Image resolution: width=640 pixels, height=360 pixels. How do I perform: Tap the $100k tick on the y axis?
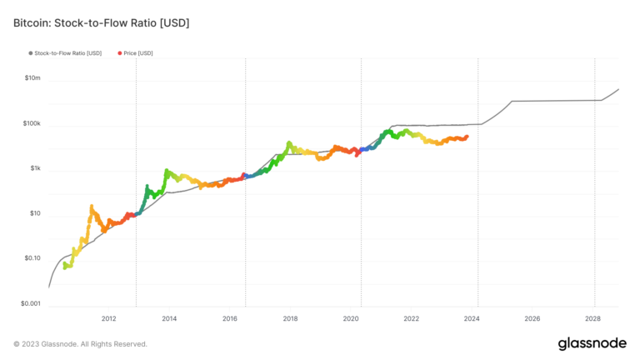tap(30, 123)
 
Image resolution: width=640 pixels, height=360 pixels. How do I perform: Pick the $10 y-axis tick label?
tap(34, 213)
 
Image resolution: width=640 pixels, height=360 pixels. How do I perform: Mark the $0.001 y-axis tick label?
tap(29, 303)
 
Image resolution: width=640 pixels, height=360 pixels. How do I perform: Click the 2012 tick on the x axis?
tap(109, 318)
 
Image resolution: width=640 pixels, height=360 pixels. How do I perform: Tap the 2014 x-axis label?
tap(169, 318)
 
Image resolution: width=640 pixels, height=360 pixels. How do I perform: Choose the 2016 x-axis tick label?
tap(230, 318)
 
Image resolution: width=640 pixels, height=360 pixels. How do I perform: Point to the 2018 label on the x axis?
tap(291, 318)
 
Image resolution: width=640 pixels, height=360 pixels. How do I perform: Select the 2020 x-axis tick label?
tap(351, 318)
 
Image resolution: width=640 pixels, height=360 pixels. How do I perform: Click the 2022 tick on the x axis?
tap(412, 318)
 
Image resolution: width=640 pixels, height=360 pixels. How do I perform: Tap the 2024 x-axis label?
tap(472, 318)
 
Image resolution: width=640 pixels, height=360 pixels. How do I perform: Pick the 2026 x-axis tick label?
tap(532, 318)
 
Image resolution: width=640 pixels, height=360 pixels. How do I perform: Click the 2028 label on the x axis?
tap(592, 318)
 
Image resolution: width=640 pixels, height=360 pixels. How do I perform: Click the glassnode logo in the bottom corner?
tap(592, 342)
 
